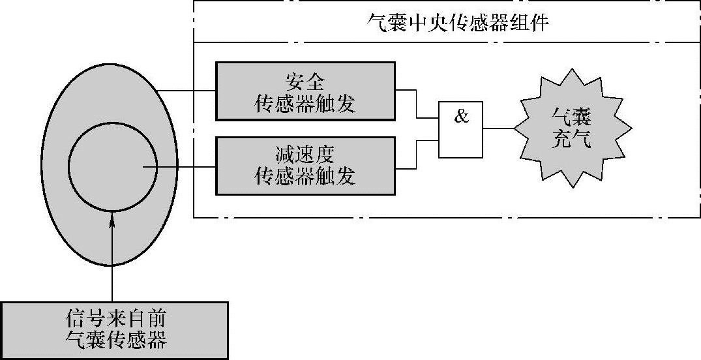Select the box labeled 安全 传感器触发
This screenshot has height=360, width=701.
click(x=305, y=91)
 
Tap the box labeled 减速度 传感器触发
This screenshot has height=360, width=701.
click(x=305, y=166)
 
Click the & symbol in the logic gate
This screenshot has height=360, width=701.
click(x=460, y=117)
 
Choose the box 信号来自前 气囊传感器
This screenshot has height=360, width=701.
click(x=114, y=330)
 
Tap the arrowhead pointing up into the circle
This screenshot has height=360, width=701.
click(x=112, y=222)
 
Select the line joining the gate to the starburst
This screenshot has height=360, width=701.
click(x=500, y=129)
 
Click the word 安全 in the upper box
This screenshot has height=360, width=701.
click(x=305, y=82)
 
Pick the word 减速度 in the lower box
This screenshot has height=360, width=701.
click(x=305, y=156)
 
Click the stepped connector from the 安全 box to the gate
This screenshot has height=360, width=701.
click(x=416, y=104)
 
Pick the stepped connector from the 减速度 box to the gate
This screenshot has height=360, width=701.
click(x=416, y=154)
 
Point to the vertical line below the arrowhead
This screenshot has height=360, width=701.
click(x=112, y=267)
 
